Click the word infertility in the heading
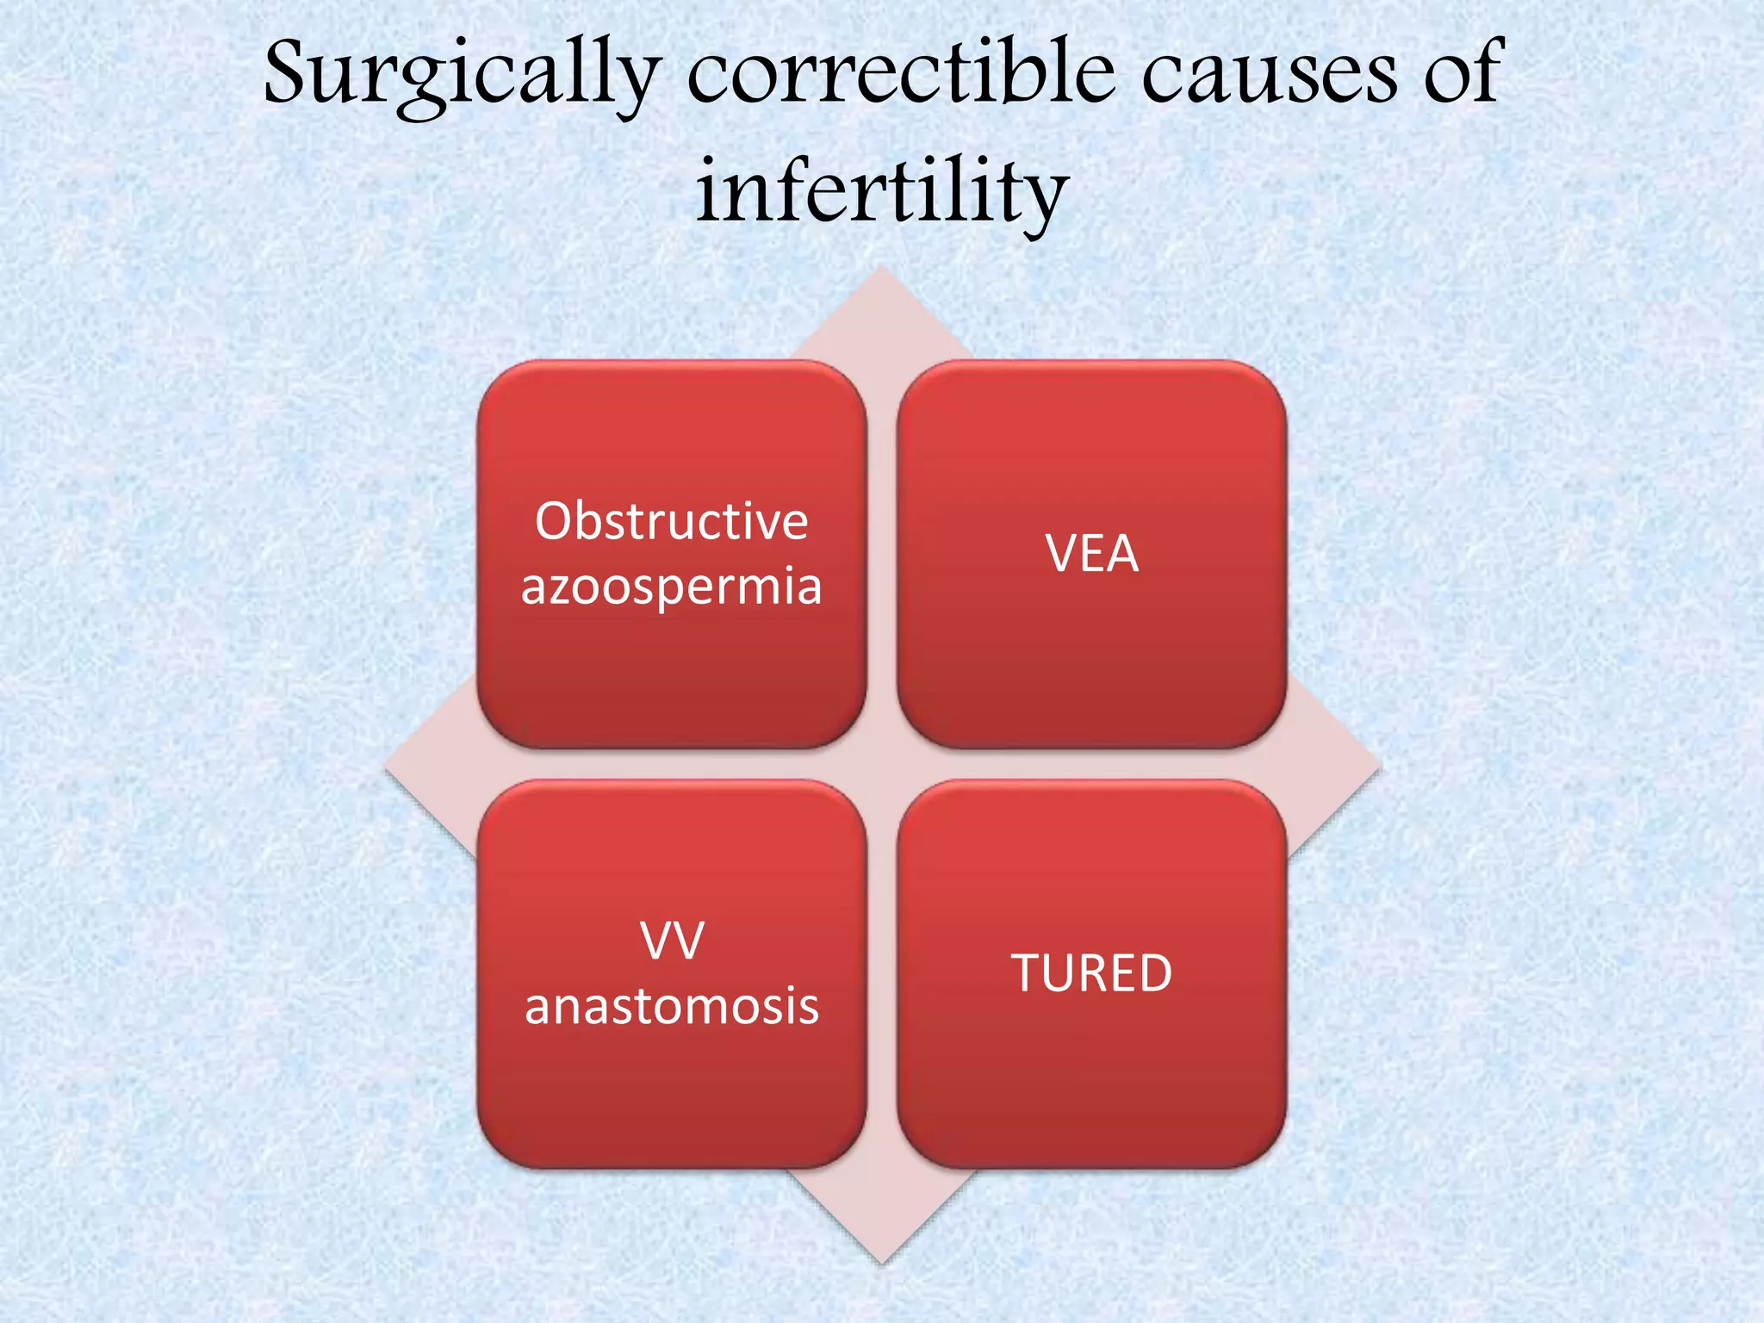882,193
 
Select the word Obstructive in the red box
671,522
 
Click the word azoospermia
671,587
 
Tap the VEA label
1091,554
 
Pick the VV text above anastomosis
672,941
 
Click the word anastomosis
671,1006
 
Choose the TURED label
1091,973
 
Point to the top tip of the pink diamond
881,272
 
